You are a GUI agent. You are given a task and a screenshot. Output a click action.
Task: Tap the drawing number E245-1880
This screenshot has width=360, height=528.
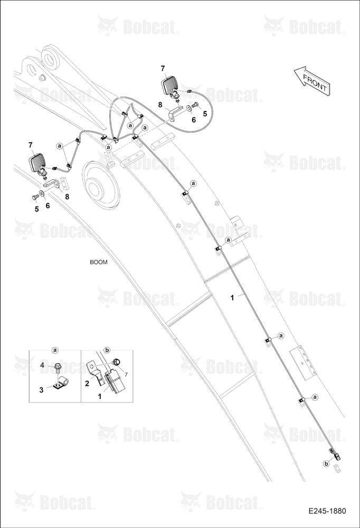pos(327,511)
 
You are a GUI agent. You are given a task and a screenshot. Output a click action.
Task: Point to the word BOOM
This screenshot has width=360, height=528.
pos(99,262)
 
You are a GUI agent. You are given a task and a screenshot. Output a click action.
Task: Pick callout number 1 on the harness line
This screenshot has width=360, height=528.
pos(232,298)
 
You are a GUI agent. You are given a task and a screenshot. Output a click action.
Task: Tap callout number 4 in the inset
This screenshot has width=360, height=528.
pos(42,365)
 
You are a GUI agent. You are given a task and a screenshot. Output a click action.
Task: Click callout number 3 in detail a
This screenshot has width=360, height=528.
pos(41,390)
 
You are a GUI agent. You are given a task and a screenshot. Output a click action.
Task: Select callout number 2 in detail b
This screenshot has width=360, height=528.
pos(87,383)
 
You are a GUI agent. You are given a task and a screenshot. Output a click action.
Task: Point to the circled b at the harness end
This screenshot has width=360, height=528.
pos(326,464)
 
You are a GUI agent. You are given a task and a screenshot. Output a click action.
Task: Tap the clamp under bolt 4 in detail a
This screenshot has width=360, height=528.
pos(61,383)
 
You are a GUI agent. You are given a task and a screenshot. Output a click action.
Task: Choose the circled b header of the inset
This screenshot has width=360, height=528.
pos(107,350)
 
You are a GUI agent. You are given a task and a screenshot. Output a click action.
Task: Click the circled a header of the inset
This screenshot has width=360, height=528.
pos(55,350)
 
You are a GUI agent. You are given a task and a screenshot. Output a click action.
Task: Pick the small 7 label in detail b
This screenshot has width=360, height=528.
pos(126,374)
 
